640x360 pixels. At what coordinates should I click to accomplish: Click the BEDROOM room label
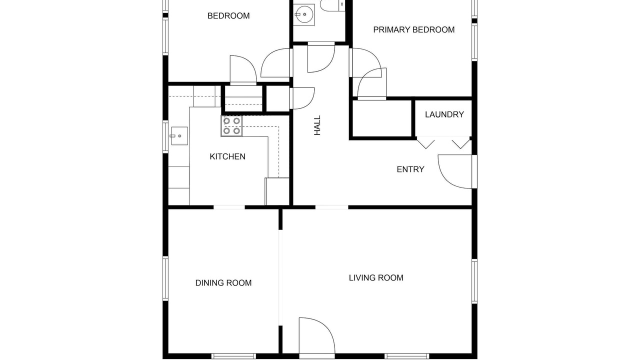coord(228,15)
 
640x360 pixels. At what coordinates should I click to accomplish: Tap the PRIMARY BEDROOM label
coord(413,29)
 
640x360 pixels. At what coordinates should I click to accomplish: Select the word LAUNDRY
coord(444,114)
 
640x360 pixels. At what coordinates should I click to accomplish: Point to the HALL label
coord(317,125)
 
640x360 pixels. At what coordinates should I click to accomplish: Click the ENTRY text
coord(410,169)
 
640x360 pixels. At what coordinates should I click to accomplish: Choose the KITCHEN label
coord(227,156)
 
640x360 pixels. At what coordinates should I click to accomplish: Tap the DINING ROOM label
coord(223,283)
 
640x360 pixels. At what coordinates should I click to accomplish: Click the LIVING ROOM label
coord(376,277)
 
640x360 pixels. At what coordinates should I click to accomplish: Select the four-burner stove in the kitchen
coord(231,126)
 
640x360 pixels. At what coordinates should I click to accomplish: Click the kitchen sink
coord(179,136)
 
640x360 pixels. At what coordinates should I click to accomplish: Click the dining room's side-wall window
coord(165,278)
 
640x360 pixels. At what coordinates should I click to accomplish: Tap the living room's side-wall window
coord(474,281)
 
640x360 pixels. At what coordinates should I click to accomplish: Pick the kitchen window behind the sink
coord(165,137)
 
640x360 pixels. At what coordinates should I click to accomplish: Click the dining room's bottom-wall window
coord(233,356)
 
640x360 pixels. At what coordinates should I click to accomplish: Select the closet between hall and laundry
coord(381,118)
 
